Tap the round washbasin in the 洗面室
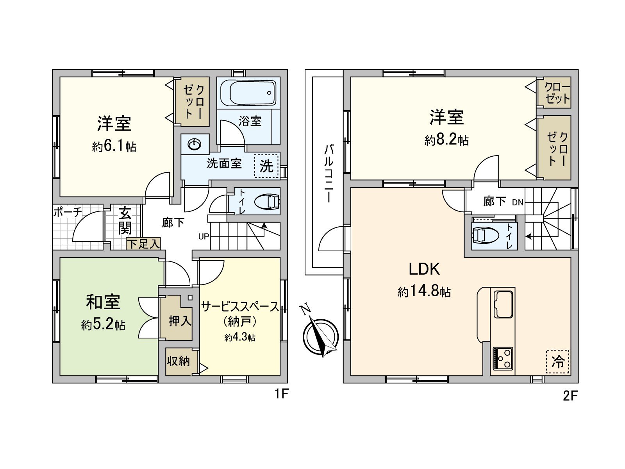pos(194,145)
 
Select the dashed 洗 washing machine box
pos(266,166)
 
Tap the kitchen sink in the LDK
pos(503,304)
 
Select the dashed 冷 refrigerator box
pos(557,362)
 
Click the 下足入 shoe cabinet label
pos(143,244)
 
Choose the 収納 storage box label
pos(179,361)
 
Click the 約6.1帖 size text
pos(114,147)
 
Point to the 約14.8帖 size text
pos(424,292)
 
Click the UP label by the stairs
pos(204,236)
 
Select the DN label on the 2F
pos(518,202)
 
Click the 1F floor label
pos(281,394)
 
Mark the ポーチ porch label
pos(68,212)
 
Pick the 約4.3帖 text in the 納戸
pos(240,337)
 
